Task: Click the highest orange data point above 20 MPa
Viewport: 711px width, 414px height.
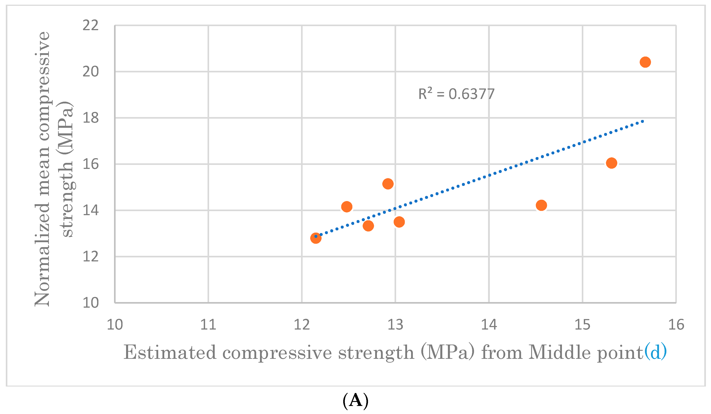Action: pos(645,62)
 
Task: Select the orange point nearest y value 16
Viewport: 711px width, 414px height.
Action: pos(611,163)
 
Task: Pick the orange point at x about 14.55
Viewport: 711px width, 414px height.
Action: pos(541,205)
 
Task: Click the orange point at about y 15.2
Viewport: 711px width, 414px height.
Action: pos(388,184)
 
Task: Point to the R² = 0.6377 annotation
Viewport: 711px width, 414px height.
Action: pos(456,94)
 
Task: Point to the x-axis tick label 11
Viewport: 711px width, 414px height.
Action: pos(208,325)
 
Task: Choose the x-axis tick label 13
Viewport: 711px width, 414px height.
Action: pos(395,325)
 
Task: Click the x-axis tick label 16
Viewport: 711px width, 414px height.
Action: pos(676,325)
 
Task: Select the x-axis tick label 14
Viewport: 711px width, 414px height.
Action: pos(489,325)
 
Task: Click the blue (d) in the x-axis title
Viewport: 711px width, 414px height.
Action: pos(655,352)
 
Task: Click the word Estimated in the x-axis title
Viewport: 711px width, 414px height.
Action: pos(170,352)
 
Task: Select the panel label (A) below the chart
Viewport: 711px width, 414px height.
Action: pos(355,400)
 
